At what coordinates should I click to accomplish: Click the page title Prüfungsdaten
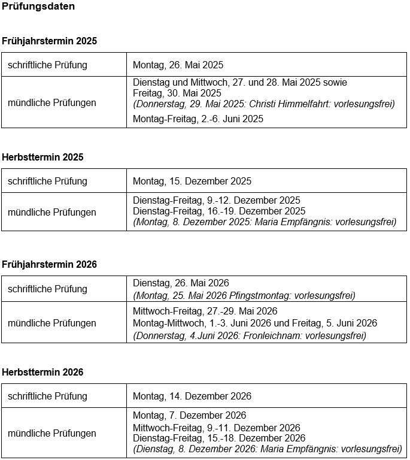coord(38,7)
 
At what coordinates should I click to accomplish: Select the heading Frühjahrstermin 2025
coord(49,41)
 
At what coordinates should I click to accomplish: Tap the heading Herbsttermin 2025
coord(42,157)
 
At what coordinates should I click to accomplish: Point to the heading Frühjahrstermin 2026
coord(49,264)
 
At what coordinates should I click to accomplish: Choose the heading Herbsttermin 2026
coord(42,372)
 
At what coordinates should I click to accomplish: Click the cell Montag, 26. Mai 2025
coord(178,65)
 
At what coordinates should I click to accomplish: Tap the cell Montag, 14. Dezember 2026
coord(192,396)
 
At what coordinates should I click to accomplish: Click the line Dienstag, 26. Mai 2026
coord(181,283)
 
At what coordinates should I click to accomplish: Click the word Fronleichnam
coord(269,335)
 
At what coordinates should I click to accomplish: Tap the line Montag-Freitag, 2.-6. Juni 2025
coord(198,119)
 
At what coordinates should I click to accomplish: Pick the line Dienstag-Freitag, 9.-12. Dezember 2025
coord(217,200)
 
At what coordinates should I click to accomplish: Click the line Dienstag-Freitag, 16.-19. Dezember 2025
coord(219,211)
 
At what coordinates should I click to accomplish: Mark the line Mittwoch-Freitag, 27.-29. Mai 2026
coord(205,311)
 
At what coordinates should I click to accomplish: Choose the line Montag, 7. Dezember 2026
coord(189,415)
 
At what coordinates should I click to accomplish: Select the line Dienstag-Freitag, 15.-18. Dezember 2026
coord(219,438)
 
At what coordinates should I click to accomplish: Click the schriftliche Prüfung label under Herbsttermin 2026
coord(47,396)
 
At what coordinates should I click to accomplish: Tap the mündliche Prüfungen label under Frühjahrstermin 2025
coord(52,102)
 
